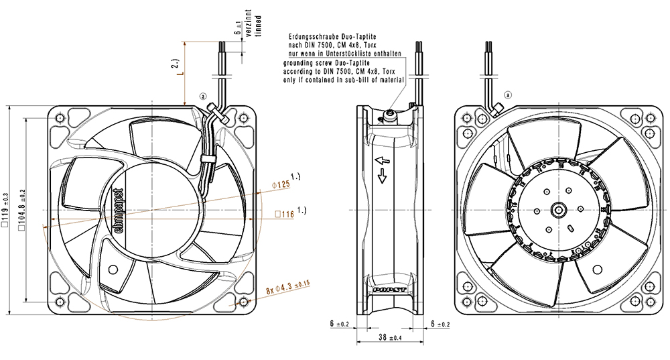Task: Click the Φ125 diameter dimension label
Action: [x=279, y=184]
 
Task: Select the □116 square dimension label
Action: [x=284, y=215]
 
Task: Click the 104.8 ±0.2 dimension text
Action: [x=22, y=209]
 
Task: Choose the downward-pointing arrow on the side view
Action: [x=382, y=176]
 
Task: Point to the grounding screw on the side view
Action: [x=391, y=117]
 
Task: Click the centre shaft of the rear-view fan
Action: [x=557, y=210]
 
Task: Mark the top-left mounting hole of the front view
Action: [x=60, y=118]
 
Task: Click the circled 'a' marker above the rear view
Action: [x=507, y=95]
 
